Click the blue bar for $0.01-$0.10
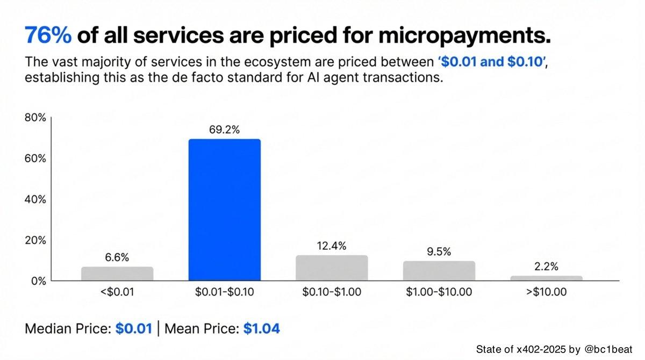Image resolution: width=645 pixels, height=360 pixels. click(224, 210)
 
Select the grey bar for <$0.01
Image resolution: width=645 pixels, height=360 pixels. click(117, 273)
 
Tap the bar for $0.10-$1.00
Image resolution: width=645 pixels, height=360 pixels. click(332, 268)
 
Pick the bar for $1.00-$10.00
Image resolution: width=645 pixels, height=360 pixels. click(439, 270)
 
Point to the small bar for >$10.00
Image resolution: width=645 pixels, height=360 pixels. click(546, 278)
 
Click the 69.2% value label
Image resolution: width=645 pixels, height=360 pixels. click(224, 129)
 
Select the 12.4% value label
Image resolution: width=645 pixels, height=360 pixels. click(332, 246)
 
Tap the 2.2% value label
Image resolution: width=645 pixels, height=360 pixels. click(546, 267)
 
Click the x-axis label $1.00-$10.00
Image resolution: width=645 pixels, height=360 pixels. click(439, 292)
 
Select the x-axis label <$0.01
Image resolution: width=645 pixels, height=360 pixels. click(117, 292)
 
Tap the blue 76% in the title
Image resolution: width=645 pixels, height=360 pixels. click(48, 36)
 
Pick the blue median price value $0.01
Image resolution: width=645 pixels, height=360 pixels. click(133, 328)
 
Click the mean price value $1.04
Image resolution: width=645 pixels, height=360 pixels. click(262, 328)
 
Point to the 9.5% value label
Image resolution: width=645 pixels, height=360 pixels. click(439, 251)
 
